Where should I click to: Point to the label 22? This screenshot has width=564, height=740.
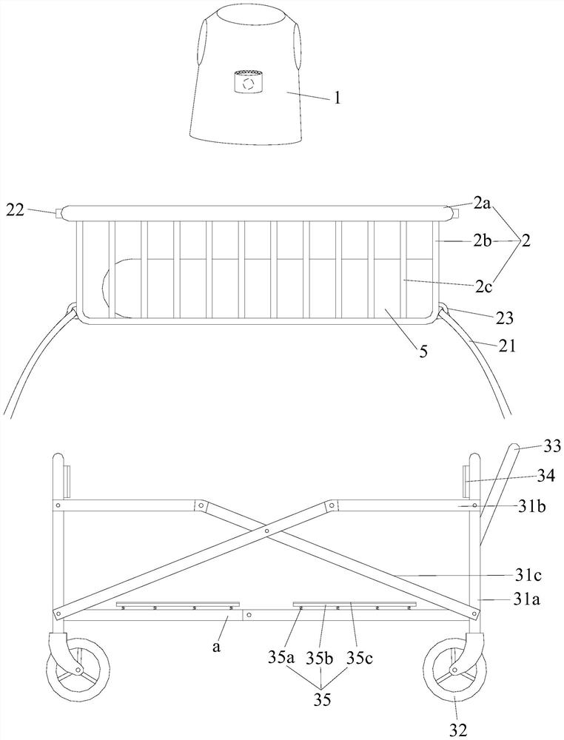coord(14,211)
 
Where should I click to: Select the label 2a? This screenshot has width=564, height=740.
coord(483,202)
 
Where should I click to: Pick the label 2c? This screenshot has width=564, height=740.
coord(483,283)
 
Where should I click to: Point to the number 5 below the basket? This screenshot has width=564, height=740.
coord(423,351)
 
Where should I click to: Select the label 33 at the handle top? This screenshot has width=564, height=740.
coord(552,446)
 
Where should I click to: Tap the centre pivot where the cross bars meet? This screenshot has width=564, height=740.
coord(266,531)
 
